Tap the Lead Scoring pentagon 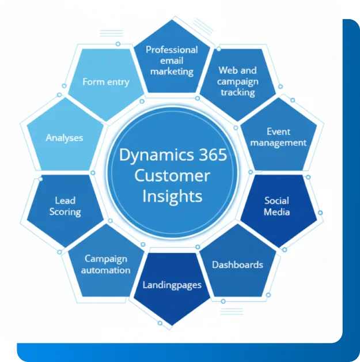[65, 206]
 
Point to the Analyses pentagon [64, 138]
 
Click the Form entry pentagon [105, 82]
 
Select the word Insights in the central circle [172, 196]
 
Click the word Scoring [65, 212]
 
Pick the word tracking [237, 92]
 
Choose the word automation [105, 270]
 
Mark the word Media [277, 212]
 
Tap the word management [279, 142]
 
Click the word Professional [172, 50]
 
